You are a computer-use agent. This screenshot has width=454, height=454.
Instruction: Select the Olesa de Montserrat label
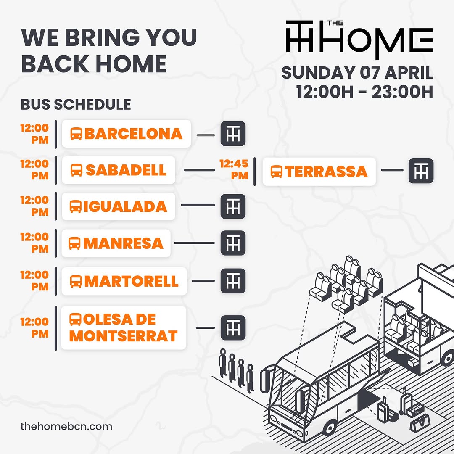point(124,328)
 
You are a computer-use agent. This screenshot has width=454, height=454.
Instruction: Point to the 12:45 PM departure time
point(234,169)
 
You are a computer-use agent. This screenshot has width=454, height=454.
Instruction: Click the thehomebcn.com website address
point(66,427)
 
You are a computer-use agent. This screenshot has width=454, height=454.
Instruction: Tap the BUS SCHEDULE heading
point(76,105)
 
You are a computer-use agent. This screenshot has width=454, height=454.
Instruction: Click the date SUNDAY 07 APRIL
point(357,73)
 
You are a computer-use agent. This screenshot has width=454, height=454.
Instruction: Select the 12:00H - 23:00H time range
point(364,92)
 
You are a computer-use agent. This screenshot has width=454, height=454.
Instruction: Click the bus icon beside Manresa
point(74,243)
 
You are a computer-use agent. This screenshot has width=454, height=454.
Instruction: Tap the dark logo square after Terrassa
point(421,171)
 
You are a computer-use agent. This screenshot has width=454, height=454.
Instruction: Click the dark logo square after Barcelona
point(233,134)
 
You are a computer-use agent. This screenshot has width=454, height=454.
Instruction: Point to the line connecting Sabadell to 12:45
point(200,170)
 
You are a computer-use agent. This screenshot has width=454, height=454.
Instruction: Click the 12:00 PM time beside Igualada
point(34,206)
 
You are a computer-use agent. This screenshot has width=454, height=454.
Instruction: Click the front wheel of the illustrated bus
point(330,427)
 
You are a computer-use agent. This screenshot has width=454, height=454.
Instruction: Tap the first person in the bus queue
point(223,362)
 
